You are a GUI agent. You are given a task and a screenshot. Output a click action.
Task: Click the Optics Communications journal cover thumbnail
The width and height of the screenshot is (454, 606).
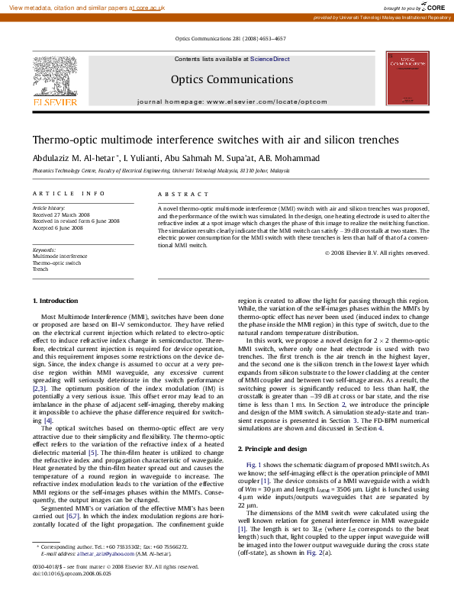point(407,79)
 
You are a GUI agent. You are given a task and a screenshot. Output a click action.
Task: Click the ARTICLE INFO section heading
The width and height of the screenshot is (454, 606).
point(69,194)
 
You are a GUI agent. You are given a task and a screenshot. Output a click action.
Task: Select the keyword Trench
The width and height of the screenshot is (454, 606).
point(40,269)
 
